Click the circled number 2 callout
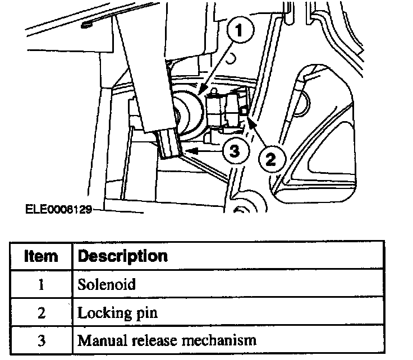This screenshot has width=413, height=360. point(270,159)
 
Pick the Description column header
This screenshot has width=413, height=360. point(123,257)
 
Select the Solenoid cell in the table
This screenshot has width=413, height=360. point(107,284)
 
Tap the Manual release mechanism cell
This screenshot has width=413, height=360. point(167,340)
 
